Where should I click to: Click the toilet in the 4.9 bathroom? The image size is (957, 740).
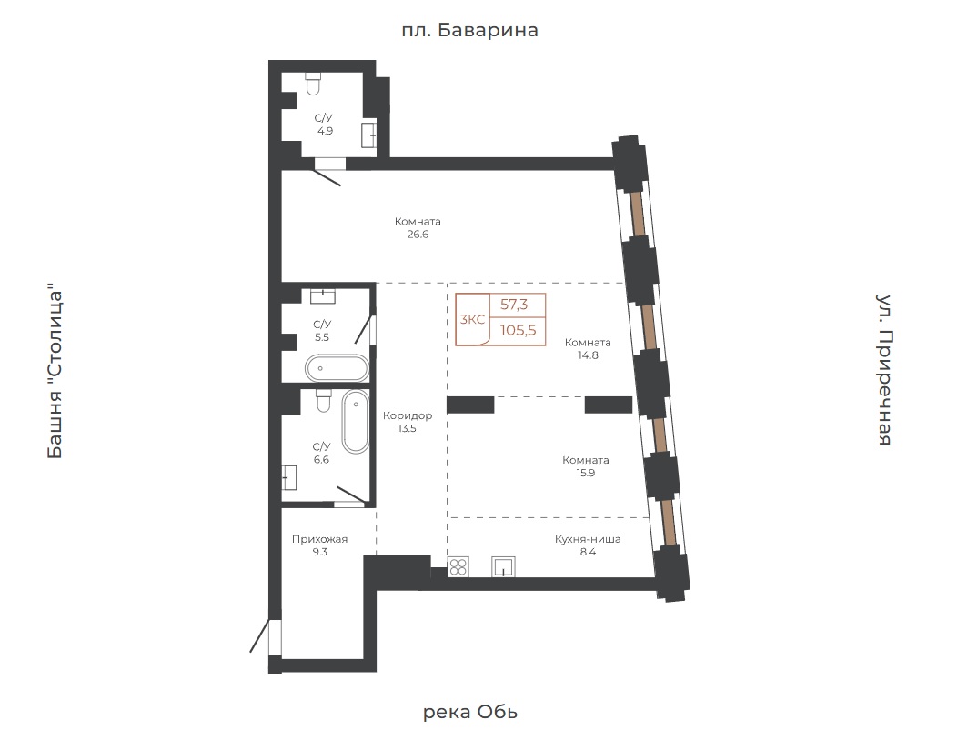pyautogui.click(x=313, y=84)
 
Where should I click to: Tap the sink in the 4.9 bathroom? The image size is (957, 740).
pyautogui.click(x=368, y=135)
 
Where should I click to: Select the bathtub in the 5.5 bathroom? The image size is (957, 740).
pyautogui.click(x=337, y=368)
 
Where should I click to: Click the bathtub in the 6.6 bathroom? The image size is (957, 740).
pyautogui.click(x=355, y=422)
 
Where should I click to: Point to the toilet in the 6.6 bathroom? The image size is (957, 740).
pyautogui.click(x=324, y=400)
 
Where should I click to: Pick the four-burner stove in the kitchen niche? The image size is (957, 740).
pyautogui.click(x=458, y=566)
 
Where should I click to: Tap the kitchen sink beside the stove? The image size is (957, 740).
pyautogui.click(x=503, y=566)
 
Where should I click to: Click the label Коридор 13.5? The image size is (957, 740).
pyautogui.click(x=408, y=422)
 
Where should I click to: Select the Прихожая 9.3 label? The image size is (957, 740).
pyautogui.click(x=320, y=545)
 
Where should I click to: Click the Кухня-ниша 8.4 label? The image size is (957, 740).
pyautogui.click(x=588, y=545)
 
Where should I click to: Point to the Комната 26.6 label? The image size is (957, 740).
pyautogui.click(x=418, y=227)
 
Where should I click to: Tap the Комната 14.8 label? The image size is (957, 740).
pyautogui.click(x=588, y=348)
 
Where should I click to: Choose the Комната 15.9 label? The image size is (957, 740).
pyautogui.click(x=586, y=466)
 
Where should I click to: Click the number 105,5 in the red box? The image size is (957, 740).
pyautogui.click(x=519, y=330)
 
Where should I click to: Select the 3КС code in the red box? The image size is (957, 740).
pyautogui.click(x=472, y=320)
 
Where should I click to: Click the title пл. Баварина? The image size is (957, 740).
pyautogui.click(x=470, y=30)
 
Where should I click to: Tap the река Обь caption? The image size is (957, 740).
pyautogui.click(x=470, y=712)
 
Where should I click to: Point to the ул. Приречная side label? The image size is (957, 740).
pyautogui.click(x=884, y=370)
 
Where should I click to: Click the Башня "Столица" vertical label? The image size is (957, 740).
pyautogui.click(x=55, y=370)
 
